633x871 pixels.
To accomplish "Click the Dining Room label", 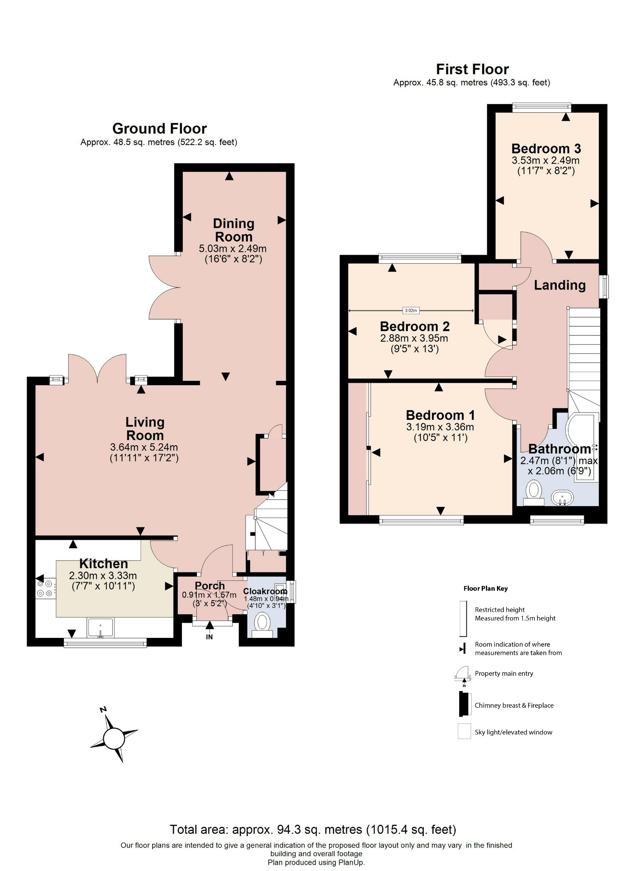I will (233, 230).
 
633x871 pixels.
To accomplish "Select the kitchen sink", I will (101, 628).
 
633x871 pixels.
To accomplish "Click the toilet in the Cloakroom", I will (262, 623).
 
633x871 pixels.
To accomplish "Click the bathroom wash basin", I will (562, 497).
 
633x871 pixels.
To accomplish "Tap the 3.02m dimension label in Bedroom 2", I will (411, 310).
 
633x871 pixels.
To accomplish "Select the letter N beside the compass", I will (103, 709).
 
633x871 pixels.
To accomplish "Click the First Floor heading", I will (472, 69).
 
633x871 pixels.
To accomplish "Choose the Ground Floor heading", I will (159, 128).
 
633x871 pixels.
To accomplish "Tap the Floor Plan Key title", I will (485, 589).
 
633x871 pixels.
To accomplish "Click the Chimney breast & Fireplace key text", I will (514, 705).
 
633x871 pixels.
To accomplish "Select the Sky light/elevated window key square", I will (464, 732).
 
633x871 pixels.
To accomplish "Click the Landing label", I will (559, 285).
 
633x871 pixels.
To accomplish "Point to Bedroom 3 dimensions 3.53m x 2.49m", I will (545, 161).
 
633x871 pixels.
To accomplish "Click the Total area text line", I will (313, 829).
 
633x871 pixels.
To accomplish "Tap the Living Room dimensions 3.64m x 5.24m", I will (144, 447).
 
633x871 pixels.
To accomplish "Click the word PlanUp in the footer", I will (351, 862).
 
